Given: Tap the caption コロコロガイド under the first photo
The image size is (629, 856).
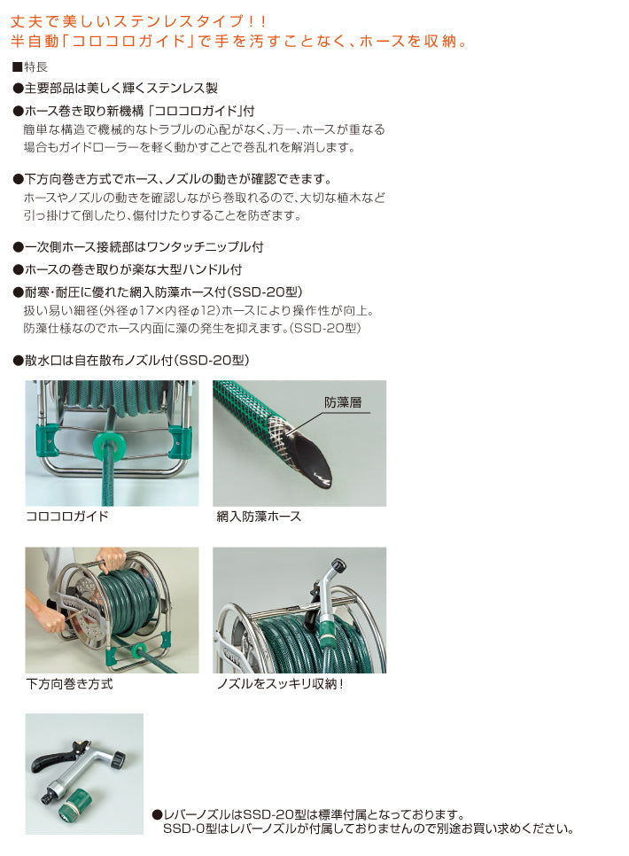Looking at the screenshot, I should (x=67, y=516).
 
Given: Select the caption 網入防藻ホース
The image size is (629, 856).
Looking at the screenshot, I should (x=259, y=516).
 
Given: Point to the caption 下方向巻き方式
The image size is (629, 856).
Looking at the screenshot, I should (x=69, y=684).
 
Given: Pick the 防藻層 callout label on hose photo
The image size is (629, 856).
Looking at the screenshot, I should (x=343, y=401).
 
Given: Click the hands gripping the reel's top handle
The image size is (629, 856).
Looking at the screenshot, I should (x=112, y=557).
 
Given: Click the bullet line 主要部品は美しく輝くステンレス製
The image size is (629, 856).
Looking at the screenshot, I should (x=115, y=89).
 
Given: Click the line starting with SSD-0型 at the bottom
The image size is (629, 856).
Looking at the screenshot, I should (x=368, y=829).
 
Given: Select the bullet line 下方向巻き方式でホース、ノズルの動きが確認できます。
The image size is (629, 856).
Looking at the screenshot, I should (x=172, y=179).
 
